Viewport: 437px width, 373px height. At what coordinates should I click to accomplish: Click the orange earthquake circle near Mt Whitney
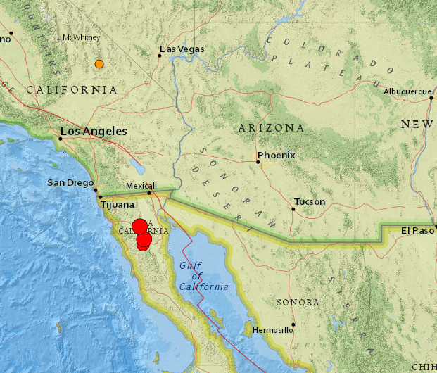[x=99, y=64]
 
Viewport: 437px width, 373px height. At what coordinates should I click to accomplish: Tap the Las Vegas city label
[x=182, y=49]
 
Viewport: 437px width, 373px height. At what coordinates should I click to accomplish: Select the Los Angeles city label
[x=94, y=131]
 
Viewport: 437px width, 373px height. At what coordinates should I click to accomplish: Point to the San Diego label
[x=70, y=183]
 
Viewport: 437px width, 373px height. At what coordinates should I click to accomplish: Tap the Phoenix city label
[x=277, y=155]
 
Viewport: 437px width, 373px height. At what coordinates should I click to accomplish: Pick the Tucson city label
[x=310, y=202]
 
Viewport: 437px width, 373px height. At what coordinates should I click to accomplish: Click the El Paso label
[x=415, y=231]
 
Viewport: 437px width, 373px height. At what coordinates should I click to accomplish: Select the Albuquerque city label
[x=407, y=91]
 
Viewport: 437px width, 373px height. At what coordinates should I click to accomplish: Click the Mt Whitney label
[x=82, y=37]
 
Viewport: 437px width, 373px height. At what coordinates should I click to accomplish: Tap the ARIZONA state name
[x=271, y=128]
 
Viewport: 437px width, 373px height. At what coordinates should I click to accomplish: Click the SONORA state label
[x=298, y=302]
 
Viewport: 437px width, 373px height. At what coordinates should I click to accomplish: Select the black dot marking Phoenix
[x=258, y=162]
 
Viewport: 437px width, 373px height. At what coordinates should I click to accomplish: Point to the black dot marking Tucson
[x=293, y=209]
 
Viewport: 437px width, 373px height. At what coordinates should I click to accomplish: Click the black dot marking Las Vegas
[x=160, y=56]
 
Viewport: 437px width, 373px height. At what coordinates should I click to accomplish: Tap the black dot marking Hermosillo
[x=293, y=324]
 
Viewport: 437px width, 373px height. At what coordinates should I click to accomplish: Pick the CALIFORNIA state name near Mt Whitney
[x=72, y=90]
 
